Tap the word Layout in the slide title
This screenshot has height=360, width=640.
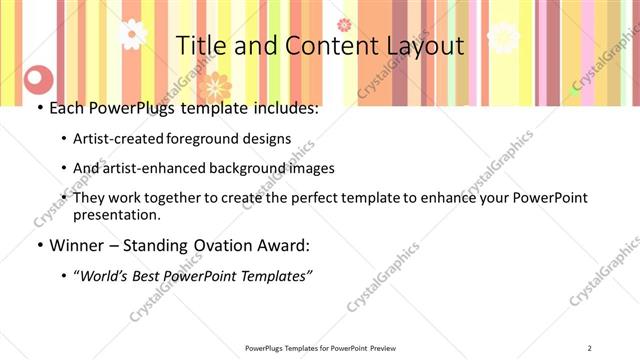pyautogui.click(x=420, y=46)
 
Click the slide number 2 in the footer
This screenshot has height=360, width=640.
pyautogui.click(x=590, y=348)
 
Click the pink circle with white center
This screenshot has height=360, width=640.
pyautogui.click(x=38, y=77)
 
